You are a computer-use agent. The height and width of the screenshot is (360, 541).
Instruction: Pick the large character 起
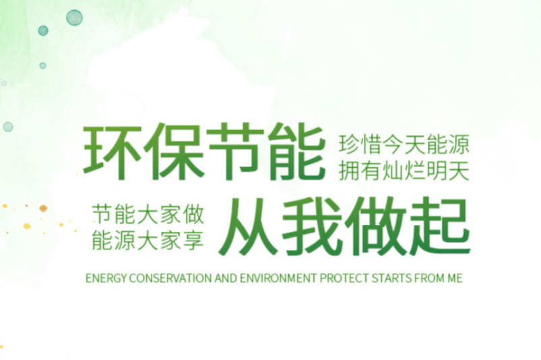[x=439, y=227]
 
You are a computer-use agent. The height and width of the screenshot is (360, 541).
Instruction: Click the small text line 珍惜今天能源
[x=404, y=145]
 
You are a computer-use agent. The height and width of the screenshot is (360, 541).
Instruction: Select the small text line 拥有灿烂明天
[x=404, y=171]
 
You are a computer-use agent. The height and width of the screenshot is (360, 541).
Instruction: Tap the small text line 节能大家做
[x=148, y=214]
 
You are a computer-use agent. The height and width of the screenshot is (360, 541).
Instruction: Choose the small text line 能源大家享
[x=148, y=241]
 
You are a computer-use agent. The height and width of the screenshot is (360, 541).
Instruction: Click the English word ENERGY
[x=106, y=278]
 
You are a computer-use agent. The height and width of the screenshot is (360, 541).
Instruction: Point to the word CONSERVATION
[x=170, y=278]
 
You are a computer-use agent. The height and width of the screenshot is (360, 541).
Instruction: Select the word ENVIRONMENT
[x=278, y=278]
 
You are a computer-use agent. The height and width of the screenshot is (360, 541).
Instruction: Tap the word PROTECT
[x=344, y=278]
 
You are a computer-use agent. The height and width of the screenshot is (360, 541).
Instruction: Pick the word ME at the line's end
[x=455, y=278]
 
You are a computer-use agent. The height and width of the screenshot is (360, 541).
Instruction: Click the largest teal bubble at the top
[x=74, y=18]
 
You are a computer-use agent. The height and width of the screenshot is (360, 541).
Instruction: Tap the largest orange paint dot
[x=43, y=208]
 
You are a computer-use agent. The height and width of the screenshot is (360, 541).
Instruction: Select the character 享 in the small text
[x=193, y=241]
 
